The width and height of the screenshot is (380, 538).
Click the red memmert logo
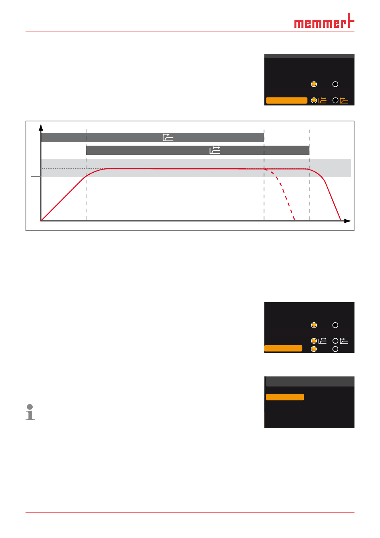(324, 21)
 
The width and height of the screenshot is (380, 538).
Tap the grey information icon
(30, 412)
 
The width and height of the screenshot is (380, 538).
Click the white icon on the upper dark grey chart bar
(168, 137)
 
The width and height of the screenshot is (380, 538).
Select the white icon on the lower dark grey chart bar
(215, 150)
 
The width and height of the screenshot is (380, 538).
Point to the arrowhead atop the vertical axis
(41, 127)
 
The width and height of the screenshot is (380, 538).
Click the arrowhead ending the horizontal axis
(348, 221)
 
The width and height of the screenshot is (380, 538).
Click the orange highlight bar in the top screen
(286, 100)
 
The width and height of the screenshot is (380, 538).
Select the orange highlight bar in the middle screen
(283, 348)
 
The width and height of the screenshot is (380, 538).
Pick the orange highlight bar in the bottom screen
(285, 397)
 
